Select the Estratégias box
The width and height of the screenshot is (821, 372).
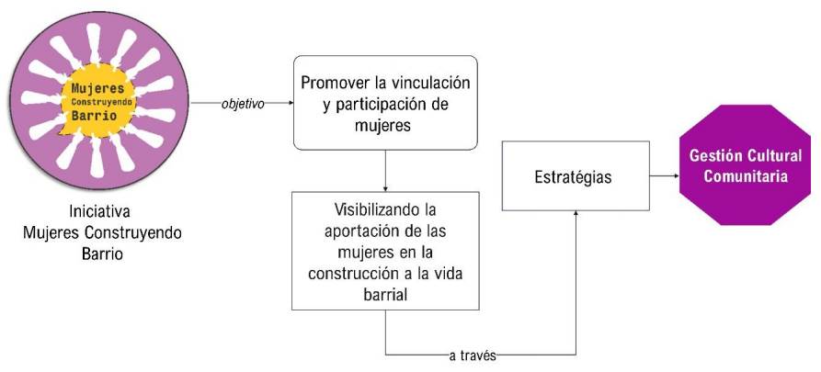[575, 175]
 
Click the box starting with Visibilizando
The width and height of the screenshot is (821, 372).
[385, 251]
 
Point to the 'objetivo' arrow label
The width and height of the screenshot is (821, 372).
[243, 104]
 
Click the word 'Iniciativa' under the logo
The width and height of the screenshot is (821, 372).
[102, 209]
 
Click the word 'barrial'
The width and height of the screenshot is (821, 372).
[385, 293]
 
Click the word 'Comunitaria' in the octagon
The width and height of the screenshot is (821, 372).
[739, 176]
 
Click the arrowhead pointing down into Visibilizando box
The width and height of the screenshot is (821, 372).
[385, 187]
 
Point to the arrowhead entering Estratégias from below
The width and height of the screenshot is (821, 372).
[576, 213]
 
